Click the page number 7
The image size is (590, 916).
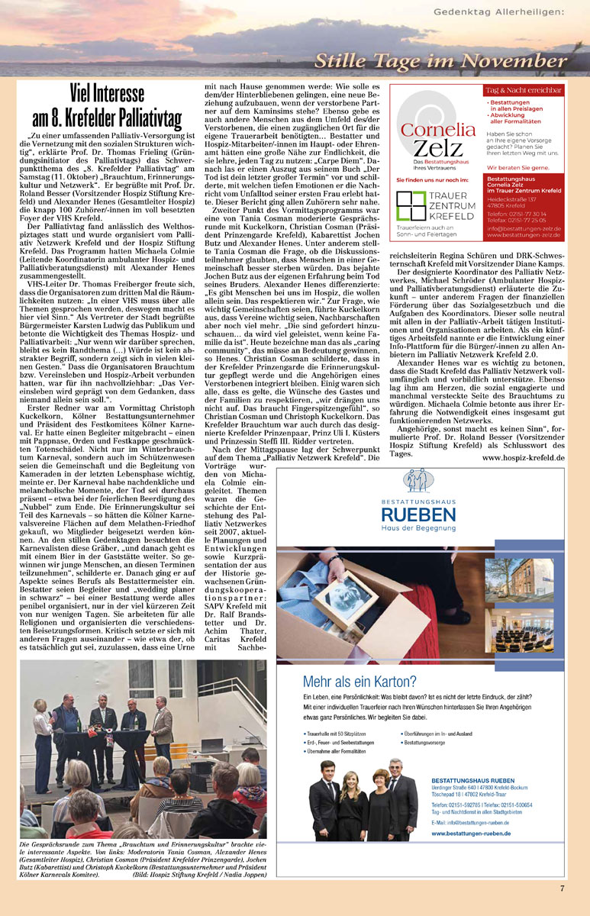click(562, 888)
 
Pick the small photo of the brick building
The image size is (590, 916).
click(534, 577)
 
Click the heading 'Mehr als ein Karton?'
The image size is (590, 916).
click(359, 682)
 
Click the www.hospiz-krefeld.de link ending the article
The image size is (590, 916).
click(524, 457)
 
